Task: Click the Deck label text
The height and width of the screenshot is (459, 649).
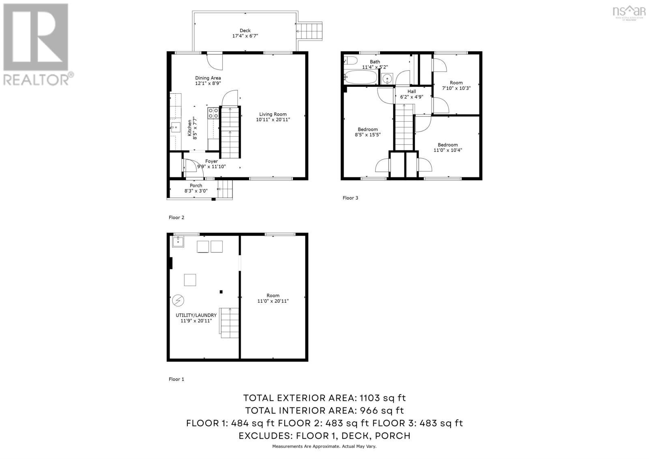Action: pyautogui.click(x=245, y=30)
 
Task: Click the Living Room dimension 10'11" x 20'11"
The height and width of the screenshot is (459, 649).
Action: pyautogui.click(x=273, y=120)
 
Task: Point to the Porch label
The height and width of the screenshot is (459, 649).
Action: pyautogui.click(x=196, y=185)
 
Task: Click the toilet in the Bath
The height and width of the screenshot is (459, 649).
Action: pyautogui.click(x=350, y=62)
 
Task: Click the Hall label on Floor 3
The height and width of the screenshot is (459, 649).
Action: pyautogui.click(x=411, y=91)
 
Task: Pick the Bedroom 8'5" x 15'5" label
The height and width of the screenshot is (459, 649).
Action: pyautogui.click(x=367, y=129)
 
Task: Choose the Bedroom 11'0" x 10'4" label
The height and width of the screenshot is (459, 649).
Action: pyautogui.click(x=447, y=145)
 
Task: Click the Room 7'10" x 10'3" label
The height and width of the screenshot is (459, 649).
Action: pyautogui.click(x=456, y=83)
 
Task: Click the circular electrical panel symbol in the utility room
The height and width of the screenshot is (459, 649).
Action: pyautogui.click(x=178, y=300)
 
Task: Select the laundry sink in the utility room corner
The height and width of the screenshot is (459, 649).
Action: pyautogui.click(x=178, y=241)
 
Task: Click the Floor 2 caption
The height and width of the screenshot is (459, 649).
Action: pyautogui.click(x=176, y=218)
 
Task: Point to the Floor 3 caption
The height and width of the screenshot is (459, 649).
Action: pyautogui.click(x=350, y=198)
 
